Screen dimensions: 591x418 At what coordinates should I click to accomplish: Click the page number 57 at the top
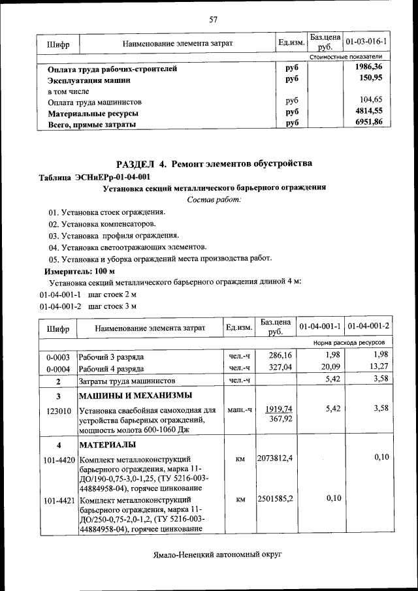[x=213, y=19]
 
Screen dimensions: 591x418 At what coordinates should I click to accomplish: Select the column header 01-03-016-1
[x=366, y=42]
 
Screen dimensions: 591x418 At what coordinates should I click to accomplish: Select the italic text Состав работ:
[x=214, y=199]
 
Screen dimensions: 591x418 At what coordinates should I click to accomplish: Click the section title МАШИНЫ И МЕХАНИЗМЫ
[x=135, y=396]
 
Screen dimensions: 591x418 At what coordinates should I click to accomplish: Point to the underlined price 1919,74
[x=279, y=409]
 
